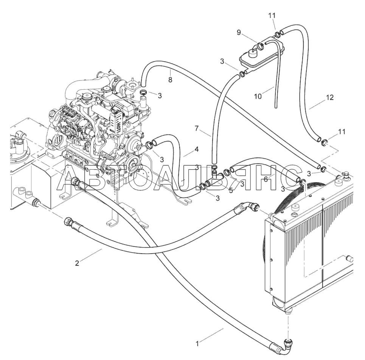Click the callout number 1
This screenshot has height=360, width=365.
coord(197,344)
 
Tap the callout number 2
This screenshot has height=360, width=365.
coord(77,263)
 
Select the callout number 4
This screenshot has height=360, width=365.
coord(196,150)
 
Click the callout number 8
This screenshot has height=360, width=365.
coord(170,80)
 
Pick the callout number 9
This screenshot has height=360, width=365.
coord(239,33)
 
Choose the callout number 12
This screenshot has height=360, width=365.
coord(329,98)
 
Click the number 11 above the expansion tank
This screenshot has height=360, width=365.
coord(272,16)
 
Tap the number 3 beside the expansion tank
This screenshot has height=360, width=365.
coord(222,61)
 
